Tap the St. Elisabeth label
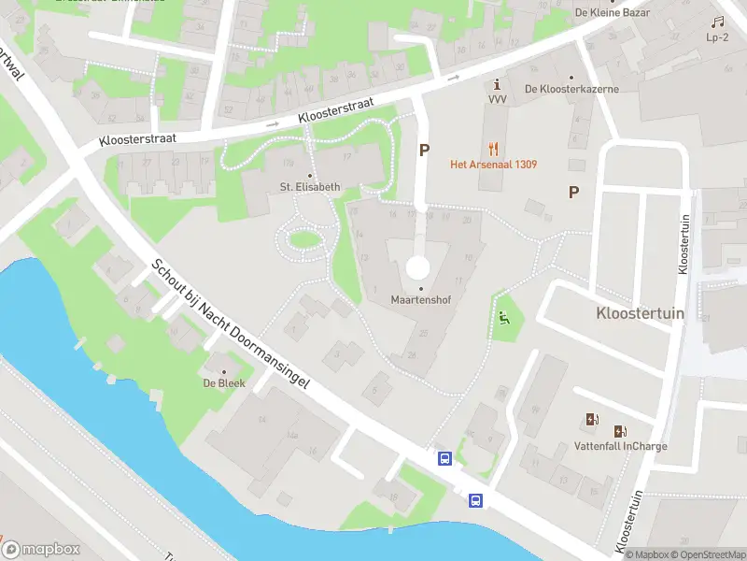click(311, 186)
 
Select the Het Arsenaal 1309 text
click(493, 165)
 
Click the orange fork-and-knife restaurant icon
click(494, 148)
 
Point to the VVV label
click(497, 99)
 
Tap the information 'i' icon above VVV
click(497, 83)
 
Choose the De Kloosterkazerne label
click(571, 90)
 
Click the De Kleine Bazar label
click(613, 13)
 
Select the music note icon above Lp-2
click(717, 22)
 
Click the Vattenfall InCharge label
click(620, 446)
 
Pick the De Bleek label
click(222, 383)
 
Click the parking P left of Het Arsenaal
click(425, 150)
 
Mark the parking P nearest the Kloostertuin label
click(574, 193)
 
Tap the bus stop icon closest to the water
click(476, 501)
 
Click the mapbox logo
click(42, 549)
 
